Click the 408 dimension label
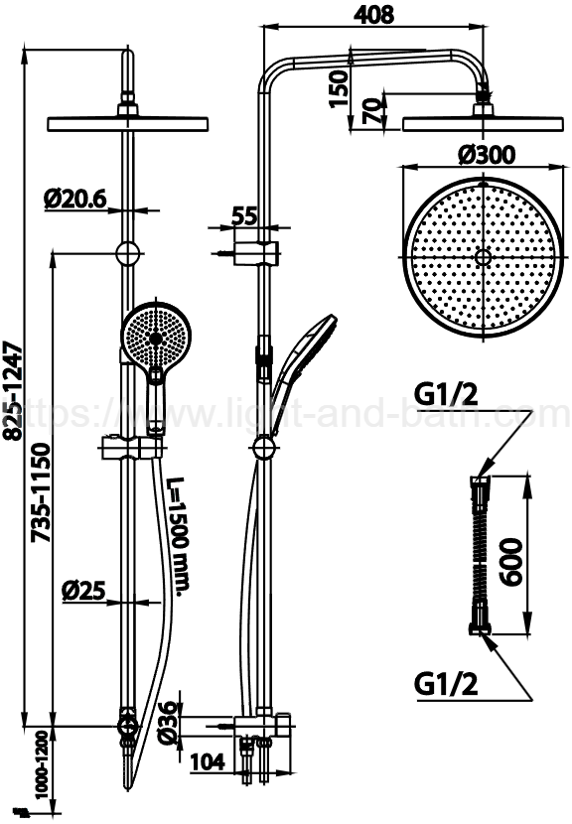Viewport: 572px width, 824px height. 373,14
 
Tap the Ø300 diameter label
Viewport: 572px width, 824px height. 487,155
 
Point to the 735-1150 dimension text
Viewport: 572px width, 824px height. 41,492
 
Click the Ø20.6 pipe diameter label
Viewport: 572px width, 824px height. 75,200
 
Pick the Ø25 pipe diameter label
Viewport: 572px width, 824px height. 83,591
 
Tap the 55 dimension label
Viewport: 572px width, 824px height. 244,216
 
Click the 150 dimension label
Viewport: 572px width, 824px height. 339,88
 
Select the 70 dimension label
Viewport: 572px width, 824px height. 372,111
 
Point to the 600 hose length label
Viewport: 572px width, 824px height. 510,561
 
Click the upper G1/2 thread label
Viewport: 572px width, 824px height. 446,394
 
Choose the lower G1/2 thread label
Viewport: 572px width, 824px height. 446,684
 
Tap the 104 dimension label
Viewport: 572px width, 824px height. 208,761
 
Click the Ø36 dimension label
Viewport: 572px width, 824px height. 168,722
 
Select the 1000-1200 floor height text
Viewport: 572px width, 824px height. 43,764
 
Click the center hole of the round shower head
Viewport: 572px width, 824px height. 482,257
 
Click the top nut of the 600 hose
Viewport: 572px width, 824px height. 480,481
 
